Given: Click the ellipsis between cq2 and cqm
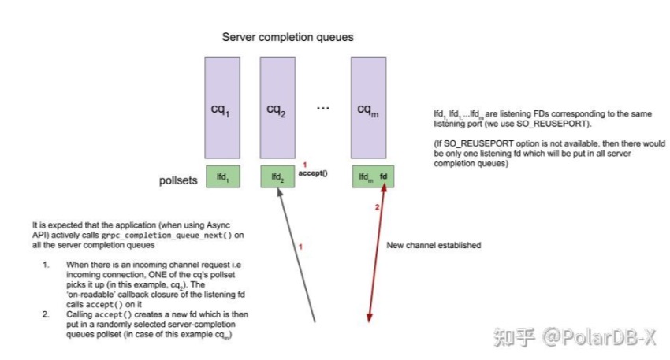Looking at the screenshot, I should (322, 108).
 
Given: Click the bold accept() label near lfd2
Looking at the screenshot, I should (313, 173).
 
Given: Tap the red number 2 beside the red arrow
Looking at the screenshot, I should (376, 206).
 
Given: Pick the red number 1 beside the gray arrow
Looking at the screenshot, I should (300, 246).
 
